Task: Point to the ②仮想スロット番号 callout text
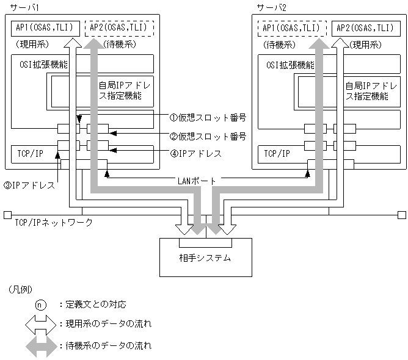pos(207,136)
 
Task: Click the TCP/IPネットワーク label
pos(53,223)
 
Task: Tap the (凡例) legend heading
pos(21,288)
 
